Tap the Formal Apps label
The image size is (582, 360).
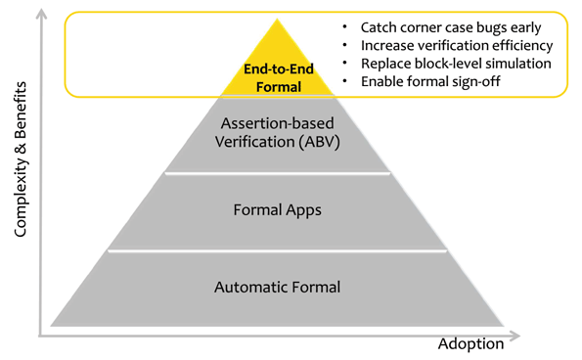278,209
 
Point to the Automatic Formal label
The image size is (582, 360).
278,287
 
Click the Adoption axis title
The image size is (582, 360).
471,343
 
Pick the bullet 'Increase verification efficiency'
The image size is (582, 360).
456,45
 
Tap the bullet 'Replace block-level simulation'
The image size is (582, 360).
456,63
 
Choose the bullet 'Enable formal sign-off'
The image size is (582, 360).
429,81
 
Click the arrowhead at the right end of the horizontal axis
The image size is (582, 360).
515,337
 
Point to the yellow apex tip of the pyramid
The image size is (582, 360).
278,22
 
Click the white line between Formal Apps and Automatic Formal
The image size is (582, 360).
278,250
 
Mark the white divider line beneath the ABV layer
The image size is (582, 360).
278,173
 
